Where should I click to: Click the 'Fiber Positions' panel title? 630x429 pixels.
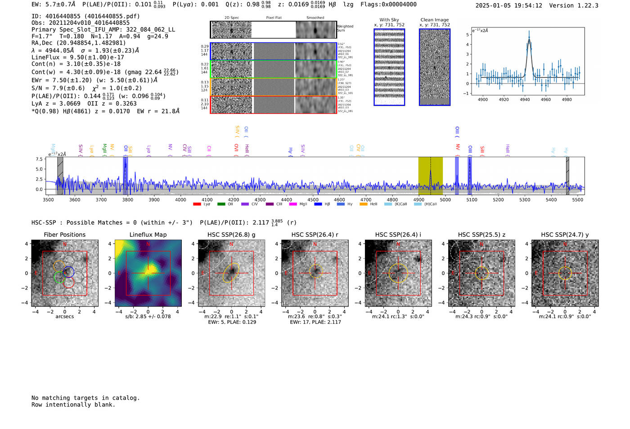tap(64, 235)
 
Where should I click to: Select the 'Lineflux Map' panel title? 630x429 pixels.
tap(148, 235)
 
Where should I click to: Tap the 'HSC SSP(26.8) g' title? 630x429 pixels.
tap(231, 235)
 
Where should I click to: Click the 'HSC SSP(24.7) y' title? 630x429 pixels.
tap(565, 235)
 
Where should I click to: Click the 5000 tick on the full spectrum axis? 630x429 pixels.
tap(445, 199)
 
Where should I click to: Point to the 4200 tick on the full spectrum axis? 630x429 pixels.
tap(234, 199)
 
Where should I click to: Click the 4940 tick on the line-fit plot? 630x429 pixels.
tap(525, 99)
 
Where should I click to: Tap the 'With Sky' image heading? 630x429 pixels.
tap(389, 20)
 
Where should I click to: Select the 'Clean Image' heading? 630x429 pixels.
tap(435, 20)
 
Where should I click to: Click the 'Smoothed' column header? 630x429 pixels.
tap(315, 18)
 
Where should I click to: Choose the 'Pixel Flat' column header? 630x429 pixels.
tap(274, 18)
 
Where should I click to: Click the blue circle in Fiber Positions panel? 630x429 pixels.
tap(68, 272)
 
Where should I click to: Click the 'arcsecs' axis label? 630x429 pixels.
tap(64, 316)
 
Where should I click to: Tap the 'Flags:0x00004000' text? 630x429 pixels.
tap(388, 5)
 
